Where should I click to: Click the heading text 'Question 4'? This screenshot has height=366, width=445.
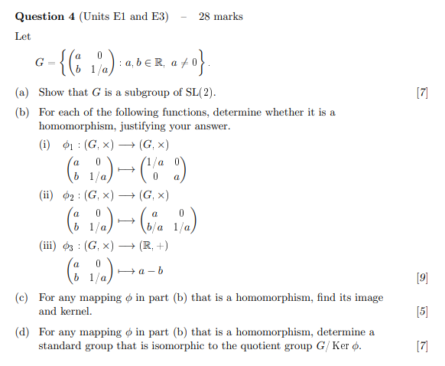point(40,17)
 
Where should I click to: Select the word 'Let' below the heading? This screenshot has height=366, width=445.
point(23,36)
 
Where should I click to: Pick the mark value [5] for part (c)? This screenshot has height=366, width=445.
point(421,311)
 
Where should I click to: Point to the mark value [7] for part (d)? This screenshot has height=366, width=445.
point(421,346)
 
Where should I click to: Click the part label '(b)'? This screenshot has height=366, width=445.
point(23,113)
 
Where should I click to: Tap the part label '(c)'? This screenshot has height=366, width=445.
point(23,297)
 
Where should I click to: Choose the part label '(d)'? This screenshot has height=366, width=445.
point(23,332)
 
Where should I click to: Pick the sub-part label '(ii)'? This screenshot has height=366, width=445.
point(46,195)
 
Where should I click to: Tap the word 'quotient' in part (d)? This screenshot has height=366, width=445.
point(284,346)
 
